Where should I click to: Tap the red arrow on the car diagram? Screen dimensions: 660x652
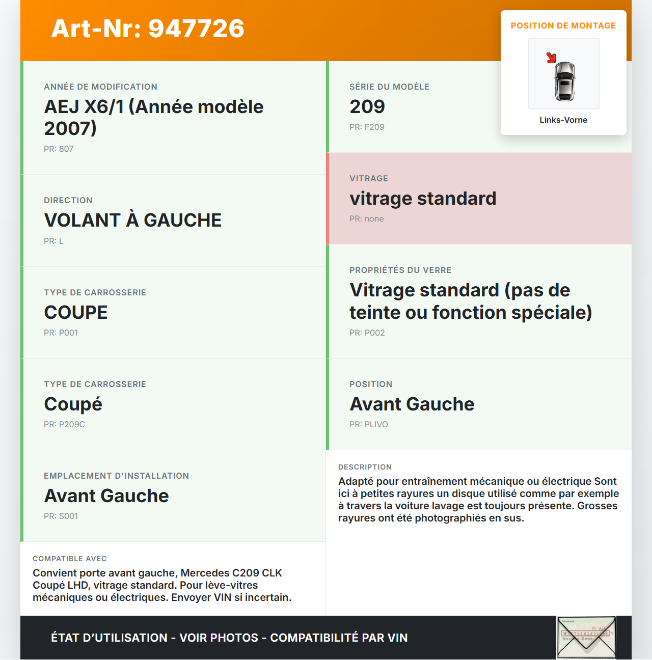[551, 57]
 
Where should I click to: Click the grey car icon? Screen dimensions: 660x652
[564, 81]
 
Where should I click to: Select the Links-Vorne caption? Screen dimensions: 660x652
[563, 120]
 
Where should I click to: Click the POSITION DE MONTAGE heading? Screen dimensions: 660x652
[563, 25]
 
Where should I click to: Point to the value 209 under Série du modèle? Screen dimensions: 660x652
[367, 106]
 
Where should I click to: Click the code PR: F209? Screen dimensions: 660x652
[367, 127]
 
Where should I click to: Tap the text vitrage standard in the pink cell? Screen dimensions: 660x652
[423, 198]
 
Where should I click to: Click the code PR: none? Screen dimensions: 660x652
[367, 218]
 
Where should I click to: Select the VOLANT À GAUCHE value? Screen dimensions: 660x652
[133, 220]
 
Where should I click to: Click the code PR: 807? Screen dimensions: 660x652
[59, 149]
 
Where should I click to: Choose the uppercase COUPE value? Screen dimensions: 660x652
[76, 312]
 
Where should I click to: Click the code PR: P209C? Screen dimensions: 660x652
[64, 424]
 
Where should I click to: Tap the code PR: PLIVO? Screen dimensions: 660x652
[369, 424]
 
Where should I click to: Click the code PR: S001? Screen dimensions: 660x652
[61, 516]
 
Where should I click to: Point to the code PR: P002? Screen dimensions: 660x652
[367, 333]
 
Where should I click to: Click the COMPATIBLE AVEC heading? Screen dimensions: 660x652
[70, 559]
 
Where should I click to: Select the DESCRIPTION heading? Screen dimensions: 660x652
[365, 467]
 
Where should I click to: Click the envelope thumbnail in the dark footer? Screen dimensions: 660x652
[586, 637]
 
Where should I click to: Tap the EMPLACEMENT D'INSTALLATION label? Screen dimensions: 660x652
[116, 476]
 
